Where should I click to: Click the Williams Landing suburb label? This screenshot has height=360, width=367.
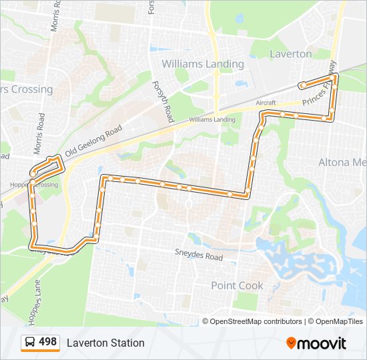pos(203,64)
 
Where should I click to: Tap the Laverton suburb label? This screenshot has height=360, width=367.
pos(290,53)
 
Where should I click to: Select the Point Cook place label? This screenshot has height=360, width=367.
pos(237,285)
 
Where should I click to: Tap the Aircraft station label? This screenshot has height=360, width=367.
pos(266,104)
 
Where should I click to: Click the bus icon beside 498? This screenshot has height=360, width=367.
pos(30,343)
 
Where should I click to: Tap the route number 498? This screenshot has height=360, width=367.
pos(48,342)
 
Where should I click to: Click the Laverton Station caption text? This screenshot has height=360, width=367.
pos(105,343)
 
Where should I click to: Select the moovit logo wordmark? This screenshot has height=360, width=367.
pos(322,343)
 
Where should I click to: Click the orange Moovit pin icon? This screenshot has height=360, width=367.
pos(291,343)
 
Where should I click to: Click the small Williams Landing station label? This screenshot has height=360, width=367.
pos(212,119)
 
